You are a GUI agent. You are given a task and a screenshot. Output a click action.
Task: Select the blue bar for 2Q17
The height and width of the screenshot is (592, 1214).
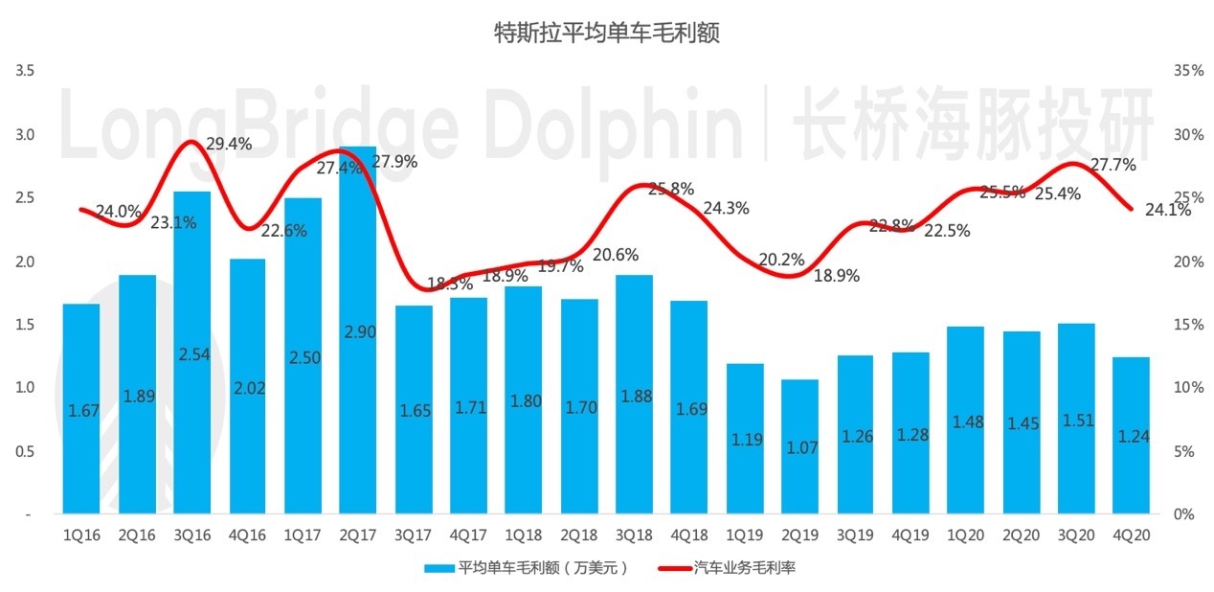(x=357, y=330)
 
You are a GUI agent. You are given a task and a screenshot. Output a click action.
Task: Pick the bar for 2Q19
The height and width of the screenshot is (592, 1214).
(x=800, y=446)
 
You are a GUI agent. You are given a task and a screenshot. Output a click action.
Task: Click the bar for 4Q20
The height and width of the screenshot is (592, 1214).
(x=1131, y=436)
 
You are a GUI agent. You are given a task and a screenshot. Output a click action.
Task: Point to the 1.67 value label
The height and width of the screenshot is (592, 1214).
(x=81, y=411)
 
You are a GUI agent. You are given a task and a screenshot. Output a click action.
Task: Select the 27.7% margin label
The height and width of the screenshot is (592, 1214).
(x=1113, y=166)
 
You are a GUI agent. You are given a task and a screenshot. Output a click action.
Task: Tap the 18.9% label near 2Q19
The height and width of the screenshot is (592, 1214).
(x=836, y=276)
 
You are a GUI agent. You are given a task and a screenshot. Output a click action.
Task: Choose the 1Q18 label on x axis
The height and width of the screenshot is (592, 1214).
(x=523, y=537)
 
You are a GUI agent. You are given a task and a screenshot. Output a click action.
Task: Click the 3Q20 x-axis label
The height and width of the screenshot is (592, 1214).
(x=1076, y=537)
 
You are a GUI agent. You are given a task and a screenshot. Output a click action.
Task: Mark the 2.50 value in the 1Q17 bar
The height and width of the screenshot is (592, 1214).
(x=303, y=357)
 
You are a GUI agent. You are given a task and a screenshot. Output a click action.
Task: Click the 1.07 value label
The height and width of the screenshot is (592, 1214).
(x=800, y=446)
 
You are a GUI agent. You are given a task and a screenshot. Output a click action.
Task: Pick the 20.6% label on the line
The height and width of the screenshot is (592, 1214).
(x=616, y=256)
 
